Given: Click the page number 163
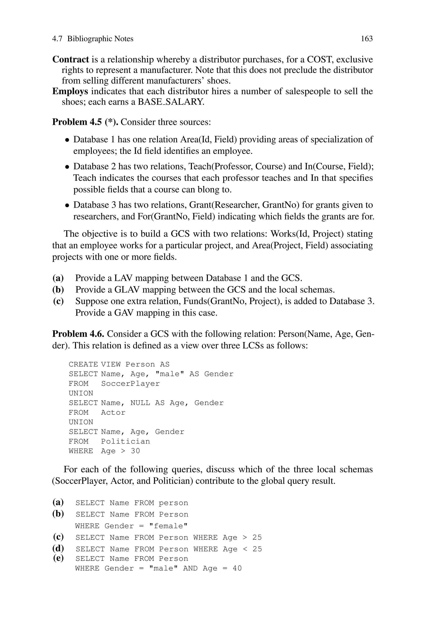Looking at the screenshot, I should click(x=366, y=39).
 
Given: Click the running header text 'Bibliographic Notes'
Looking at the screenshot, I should click(x=100, y=39).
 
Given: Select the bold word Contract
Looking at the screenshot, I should click(x=71, y=59).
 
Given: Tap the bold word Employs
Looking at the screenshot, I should click(x=70, y=91).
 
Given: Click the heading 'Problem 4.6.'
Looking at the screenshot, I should click(x=78, y=334).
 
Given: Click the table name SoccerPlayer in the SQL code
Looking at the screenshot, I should click(x=130, y=384).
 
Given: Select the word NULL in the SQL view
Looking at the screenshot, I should click(x=140, y=403).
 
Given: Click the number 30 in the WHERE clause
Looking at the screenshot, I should click(x=135, y=451).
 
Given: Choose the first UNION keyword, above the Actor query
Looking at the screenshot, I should click(x=81, y=393).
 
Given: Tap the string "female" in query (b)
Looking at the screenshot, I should click(x=169, y=526).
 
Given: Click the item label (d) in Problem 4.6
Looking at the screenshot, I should click(x=58, y=549).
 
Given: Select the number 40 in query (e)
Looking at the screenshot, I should click(x=237, y=568).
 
